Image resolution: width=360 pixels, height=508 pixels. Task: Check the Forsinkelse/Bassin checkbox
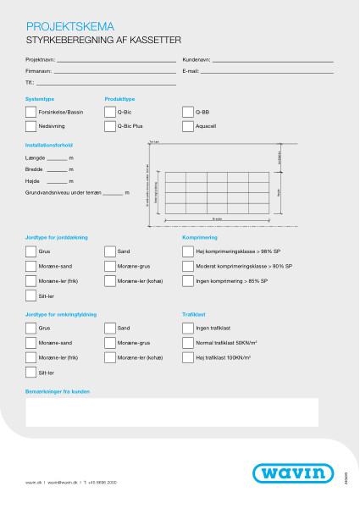coord(31,111)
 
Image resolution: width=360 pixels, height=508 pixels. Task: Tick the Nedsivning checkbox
coord(31,125)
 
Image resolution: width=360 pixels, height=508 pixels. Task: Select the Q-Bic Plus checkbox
coord(110,125)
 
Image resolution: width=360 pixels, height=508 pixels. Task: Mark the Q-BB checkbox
coord(188,111)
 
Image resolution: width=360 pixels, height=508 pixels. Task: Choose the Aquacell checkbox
coord(188,125)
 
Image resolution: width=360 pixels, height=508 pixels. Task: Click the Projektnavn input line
coord(114,61)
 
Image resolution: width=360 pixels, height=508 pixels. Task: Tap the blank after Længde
coord(56,157)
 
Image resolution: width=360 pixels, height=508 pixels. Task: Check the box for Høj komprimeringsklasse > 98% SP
coord(188,251)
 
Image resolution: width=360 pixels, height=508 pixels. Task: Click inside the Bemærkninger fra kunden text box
coord(172,411)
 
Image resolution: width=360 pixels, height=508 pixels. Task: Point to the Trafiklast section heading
coord(195,314)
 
